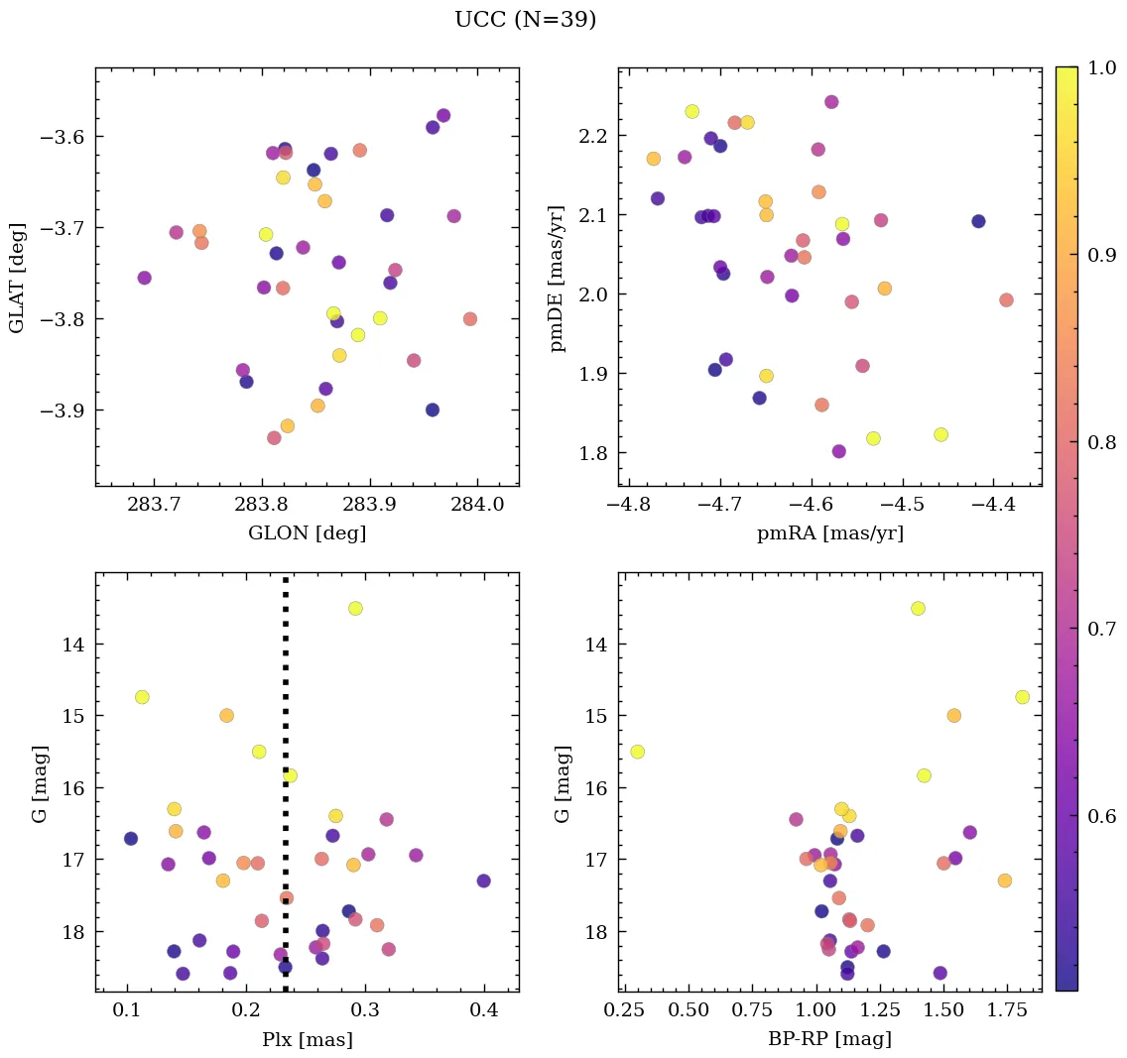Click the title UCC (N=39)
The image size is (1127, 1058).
click(525, 20)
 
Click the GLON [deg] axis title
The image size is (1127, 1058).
click(307, 533)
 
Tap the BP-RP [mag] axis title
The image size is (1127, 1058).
click(829, 1039)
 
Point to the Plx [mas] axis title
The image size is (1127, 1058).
click(307, 1039)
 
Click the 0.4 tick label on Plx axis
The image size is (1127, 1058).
click(484, 1009)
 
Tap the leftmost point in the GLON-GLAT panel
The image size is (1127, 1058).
click(144, 278)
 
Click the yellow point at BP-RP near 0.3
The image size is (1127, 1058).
click(637, 752)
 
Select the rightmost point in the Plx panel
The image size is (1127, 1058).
click(483, 881)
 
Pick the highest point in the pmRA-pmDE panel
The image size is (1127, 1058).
click(831, 102)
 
